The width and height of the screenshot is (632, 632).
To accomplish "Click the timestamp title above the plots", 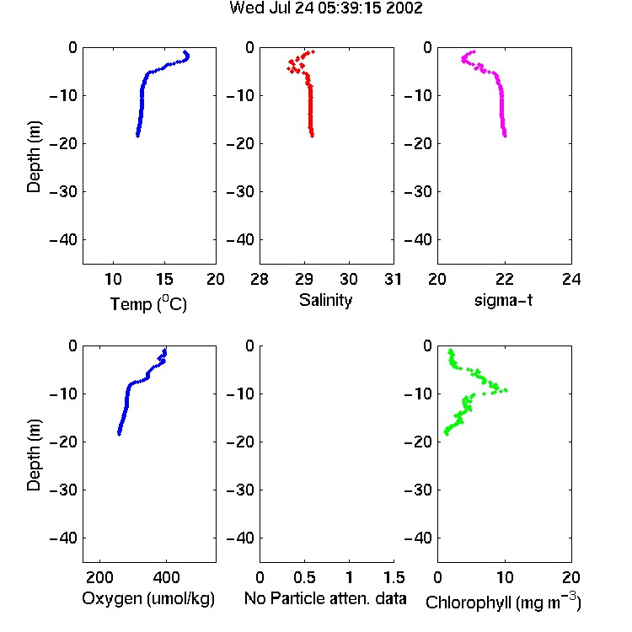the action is [325, 8].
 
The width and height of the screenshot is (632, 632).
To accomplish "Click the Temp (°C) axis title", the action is [148, 303].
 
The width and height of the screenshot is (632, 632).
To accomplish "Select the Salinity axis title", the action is [325, 300].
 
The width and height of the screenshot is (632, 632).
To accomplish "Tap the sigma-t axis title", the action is [503, 300].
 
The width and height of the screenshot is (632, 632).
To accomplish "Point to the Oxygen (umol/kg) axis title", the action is [148, 598].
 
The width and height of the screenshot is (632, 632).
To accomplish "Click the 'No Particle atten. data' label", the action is [325, 598].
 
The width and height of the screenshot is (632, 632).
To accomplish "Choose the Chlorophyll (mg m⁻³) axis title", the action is [503, 602].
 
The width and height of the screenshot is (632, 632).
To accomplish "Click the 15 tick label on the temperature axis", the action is [164, 279].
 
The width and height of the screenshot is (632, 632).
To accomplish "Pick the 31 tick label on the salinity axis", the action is [393, 279].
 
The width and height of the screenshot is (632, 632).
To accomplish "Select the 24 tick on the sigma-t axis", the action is [571, 279].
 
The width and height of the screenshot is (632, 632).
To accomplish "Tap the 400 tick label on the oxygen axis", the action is [167, 577].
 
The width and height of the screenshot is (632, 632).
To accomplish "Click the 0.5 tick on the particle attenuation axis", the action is [304, 577].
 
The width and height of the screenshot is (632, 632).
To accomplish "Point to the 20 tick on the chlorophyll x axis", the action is [571, 577].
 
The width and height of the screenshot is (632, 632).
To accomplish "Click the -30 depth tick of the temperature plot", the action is [63, 191].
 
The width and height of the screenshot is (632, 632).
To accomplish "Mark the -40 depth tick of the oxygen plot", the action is [63, 538].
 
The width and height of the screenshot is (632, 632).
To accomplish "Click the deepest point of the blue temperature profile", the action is [137, 136].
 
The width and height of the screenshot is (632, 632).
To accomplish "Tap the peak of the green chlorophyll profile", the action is [506, 390].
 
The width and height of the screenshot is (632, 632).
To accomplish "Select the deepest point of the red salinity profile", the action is [313, 136].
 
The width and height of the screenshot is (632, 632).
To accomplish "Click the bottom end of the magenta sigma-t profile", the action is [505, 136].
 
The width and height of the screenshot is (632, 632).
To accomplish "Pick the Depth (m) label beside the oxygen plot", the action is [34, 455].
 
